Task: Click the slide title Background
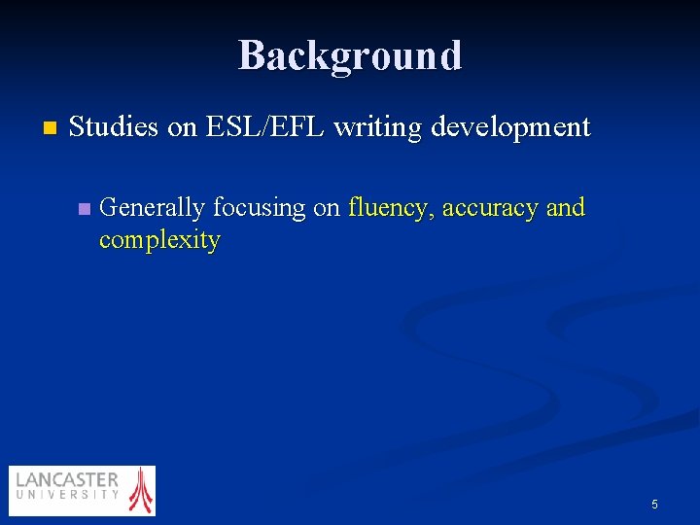(x=350, y=55)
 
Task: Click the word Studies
(x=114, y=127)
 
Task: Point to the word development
(x=510, y=127)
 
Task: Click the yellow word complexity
(x=159, y=239)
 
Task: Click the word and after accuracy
(x=565, y=207)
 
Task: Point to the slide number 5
(x=654, y=504)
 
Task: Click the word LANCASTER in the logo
(x=67, y=480)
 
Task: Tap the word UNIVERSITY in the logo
(x=67, y=495)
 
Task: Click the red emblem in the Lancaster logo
(x=142, y=489)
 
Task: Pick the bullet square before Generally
(x=84, y=208)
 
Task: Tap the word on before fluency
(x=327, y=207)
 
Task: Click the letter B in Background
(x=251, y=55)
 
